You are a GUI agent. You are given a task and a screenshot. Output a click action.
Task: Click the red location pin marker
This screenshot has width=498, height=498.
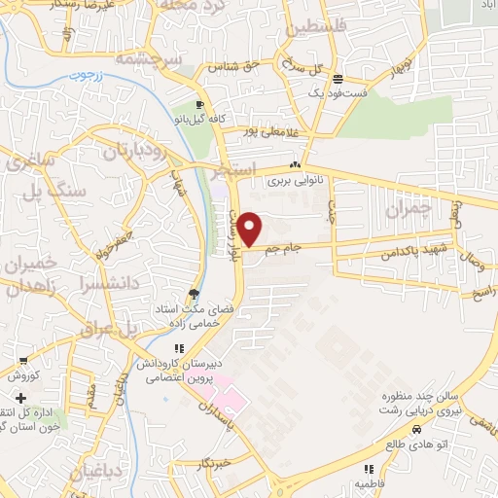click(250, 230)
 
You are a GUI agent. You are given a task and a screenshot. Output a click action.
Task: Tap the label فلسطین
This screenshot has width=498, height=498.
click(313, 28)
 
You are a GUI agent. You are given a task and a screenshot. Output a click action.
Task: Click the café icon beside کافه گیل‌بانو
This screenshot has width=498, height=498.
click(199, 104)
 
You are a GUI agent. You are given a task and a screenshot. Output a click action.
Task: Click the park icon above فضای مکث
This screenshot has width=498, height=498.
click(194, 294)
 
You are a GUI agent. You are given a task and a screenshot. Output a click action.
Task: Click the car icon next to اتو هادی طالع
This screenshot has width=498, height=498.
click(416, 429)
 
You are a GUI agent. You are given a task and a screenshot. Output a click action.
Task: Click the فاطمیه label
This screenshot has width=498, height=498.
click(367, 481)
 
